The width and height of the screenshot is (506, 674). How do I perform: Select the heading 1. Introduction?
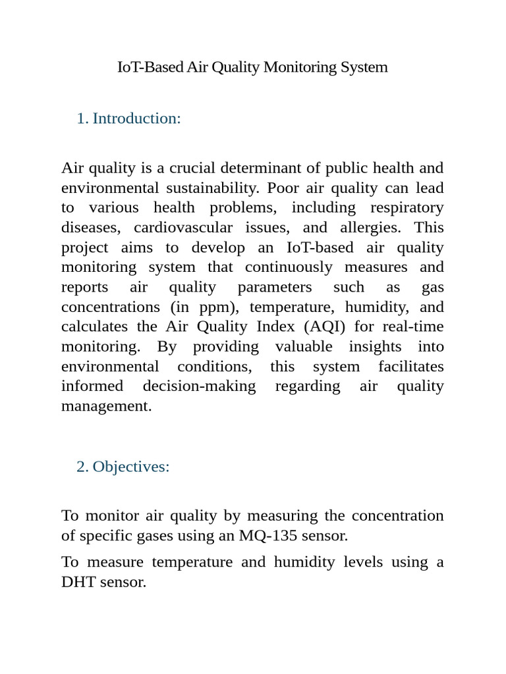point(128,118)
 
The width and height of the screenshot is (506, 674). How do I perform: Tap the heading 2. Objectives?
point(123,467)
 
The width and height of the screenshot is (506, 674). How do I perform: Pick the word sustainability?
point(211,188)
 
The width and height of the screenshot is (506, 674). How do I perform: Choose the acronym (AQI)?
point(324,327)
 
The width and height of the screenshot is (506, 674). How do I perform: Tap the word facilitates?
point(411,367)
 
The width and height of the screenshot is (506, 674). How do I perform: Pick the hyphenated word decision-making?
point(199,386)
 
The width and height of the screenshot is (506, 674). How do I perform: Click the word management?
point(106,406)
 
